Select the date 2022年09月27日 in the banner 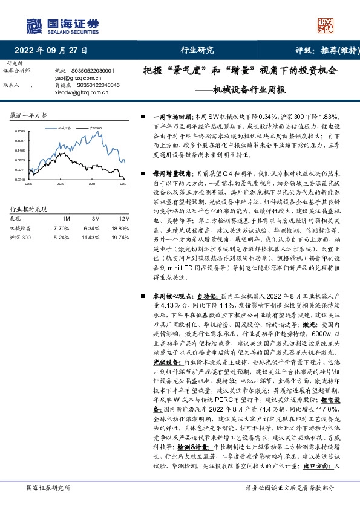pyautogui.click(x=50, y=51)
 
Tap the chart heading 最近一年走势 pyautogui.click(x=30, y=115)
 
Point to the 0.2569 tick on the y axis pyautogui.click(x=21, y=131)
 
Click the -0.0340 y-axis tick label pyautogui.click(x=20, y=180)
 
